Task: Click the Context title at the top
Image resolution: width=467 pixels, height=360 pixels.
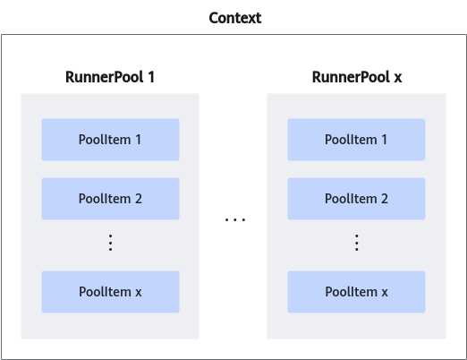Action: [x=235, y=18]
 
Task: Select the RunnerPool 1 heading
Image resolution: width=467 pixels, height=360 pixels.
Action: [x=110, y=77]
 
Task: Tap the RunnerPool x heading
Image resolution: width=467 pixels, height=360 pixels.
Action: [x=357, y=77]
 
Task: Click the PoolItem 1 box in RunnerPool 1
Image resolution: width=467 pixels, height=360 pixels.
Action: [x=110, y=140]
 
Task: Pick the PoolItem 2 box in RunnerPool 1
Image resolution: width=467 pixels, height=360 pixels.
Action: [x=110, y=199]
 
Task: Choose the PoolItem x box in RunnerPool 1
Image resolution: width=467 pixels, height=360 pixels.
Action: [x=110, y=292]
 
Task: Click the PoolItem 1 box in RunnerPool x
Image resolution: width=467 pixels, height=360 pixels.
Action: [x=356, y=140]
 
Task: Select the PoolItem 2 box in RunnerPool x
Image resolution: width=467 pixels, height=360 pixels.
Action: [x=356, y=199]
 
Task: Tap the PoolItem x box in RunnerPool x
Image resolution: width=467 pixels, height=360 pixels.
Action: [x=356, y=292]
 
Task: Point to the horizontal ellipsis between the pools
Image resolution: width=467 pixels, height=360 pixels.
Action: [x=235, y=219]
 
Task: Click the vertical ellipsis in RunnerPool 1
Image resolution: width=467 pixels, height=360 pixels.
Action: [x=110, y=243]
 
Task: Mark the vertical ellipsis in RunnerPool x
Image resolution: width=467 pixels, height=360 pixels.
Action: [x=357, y=243]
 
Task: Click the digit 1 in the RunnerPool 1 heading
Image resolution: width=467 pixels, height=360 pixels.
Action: [x=151, y=77]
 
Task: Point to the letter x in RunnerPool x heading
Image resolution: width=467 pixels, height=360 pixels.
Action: [x=398, y=79]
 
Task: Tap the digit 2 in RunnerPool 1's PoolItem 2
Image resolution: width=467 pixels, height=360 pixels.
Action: [x=139, y=199]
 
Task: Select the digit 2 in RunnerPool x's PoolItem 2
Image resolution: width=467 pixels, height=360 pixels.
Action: [x=385, y=199]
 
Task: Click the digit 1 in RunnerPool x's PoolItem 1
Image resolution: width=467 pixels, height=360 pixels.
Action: [x=384, y=140]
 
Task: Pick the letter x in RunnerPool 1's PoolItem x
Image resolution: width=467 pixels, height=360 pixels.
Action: [x=139, y=293]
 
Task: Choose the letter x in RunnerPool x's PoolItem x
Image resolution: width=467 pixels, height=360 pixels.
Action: [x=385, y=293]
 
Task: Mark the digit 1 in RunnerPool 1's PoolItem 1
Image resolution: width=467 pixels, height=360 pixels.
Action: [x=138, y=140]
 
